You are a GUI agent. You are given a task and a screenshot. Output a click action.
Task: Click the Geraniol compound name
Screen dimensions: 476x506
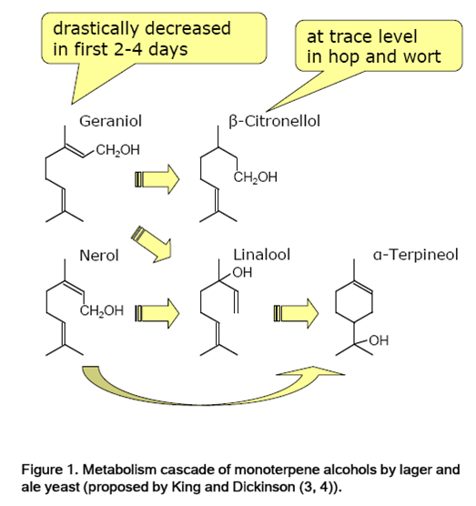[x=110, y=121]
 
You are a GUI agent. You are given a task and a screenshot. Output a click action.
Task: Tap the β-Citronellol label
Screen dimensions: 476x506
[x=274, y=121]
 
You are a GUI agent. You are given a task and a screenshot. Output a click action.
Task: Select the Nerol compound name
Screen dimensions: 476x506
[x=99, y=256]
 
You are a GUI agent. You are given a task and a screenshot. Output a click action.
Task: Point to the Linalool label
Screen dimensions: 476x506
[x=262, y=255]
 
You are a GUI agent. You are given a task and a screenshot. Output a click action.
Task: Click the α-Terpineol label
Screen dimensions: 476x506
[x=416, y=255]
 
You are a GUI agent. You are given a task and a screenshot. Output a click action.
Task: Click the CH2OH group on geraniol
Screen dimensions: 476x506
[x=117, y=150]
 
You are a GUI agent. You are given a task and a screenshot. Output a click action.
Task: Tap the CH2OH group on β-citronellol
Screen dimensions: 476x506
[x=255, y=177]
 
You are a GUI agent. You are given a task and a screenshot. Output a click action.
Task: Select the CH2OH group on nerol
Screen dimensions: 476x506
[x=102, y=310]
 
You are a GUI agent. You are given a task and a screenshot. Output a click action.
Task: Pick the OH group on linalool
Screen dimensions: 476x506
[x=242, y=273]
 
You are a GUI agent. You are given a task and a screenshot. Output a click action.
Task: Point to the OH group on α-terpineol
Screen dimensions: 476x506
[x=379, y=340]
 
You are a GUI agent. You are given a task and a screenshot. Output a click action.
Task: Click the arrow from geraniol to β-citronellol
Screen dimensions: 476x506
[x=157, y=179]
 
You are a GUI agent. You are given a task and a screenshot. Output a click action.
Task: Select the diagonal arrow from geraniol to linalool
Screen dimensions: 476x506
[x=152, y=244]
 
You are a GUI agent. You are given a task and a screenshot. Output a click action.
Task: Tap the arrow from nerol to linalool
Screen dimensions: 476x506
[x=157, y=313]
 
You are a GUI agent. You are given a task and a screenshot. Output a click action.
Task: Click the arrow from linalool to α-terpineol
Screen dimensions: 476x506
[x=296, y=313]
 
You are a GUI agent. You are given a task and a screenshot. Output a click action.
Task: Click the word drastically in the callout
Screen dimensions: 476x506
[x=96, y=29]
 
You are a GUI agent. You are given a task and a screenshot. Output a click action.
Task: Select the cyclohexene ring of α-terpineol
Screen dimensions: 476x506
[x=354, y=302]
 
